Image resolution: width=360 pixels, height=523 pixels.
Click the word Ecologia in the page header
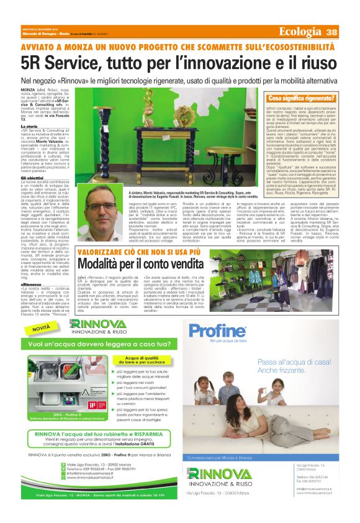click(301, 32)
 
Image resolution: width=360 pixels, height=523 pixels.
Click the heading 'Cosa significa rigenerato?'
click(300, 98)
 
